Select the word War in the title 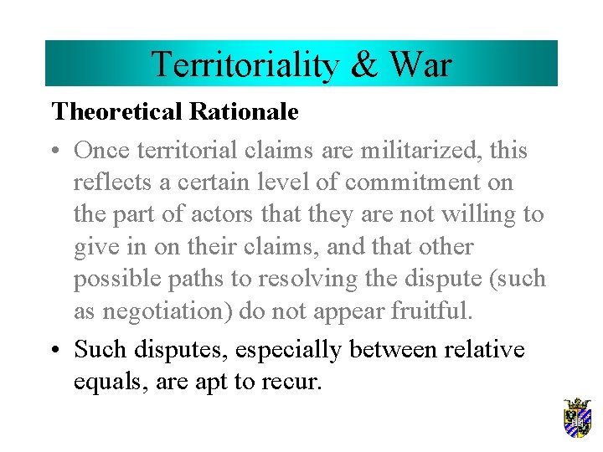coord(420,64)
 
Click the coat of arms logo coord(577,418)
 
